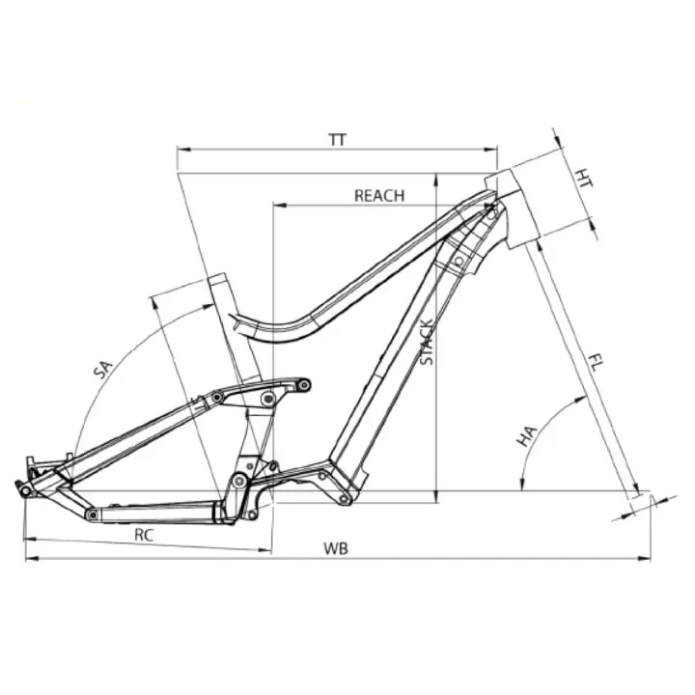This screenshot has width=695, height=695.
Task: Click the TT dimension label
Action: [337, 140]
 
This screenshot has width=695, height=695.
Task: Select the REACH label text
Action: [379, 195]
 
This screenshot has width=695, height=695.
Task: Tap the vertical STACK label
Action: [427, 342]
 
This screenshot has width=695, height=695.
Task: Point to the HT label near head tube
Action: [584, 178]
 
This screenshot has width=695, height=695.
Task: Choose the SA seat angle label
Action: [103, 370]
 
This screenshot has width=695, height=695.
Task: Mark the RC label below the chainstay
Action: [144, 535]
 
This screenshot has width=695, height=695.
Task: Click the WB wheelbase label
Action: [336, 548]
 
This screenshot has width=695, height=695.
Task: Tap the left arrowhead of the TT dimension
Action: [183, 150]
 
